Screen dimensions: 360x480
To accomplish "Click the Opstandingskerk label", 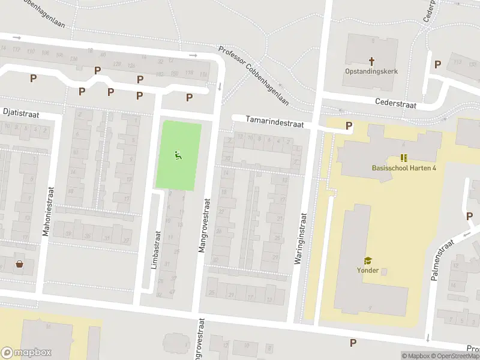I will tap(371, 71).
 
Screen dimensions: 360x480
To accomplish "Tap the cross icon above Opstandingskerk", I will tap(371, 61).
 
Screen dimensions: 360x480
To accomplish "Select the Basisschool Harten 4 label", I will tap(404, 168).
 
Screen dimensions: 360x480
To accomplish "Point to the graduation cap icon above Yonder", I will tap(368, 260).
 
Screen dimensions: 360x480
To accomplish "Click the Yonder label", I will tap(368, 270).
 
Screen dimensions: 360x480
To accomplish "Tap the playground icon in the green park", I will tap(178, 156).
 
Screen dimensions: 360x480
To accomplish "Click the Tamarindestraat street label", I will tap(274, 122).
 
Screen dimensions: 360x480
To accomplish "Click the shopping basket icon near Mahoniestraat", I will tap(20, 264).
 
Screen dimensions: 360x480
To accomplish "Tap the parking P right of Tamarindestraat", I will tap(349, 126).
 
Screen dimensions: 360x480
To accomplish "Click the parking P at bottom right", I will tap(353, 343).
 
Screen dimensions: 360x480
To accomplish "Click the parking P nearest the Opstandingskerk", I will tap(438, 64).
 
